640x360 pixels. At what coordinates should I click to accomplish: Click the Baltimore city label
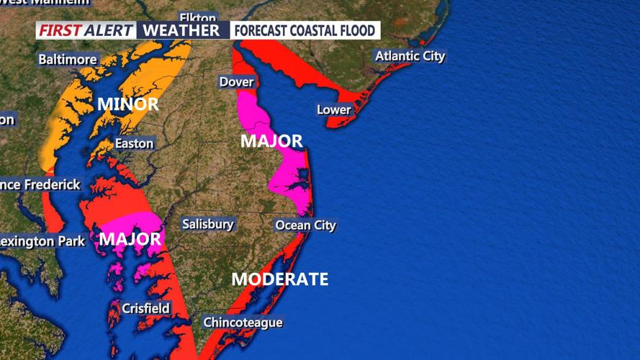click(x=68, y=58)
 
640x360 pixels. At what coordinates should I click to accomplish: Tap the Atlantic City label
click(x=410, y=56)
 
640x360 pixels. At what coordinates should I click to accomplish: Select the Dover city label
click(x=237, y=82)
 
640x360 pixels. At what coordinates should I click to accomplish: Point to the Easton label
click(x=134, y=143)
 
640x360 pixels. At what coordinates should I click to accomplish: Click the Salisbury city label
click(x=208, y=224)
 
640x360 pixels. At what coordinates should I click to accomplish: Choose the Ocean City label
click(x=305, y=225)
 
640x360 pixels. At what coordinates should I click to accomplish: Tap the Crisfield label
click(x=145, y=308)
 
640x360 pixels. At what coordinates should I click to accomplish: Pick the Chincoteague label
click(x=243, y=323)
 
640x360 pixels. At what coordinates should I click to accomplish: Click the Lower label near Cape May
click(x=334, y=110)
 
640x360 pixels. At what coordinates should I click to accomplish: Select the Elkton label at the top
click(x=197, y=17)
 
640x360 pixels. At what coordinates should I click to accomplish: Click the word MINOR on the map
click(x=128, y=104)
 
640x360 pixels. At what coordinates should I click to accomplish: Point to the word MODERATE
click(x=280, y=279)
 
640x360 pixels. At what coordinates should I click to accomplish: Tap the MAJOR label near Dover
click(x=271, y=141)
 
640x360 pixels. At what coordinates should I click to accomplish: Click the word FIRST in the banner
click(x=59, y=30)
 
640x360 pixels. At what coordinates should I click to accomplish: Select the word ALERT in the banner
click(x=109, y=30)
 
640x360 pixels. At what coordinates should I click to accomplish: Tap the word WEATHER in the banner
click(x=181, y=30)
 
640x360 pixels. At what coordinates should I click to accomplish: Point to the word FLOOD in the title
click(x=356, y=31)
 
